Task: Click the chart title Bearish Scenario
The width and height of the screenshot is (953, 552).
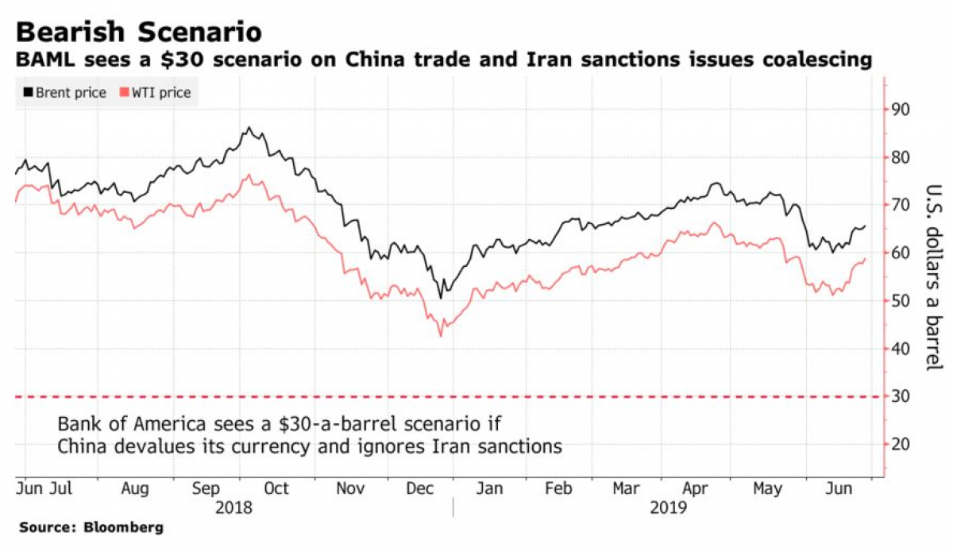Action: point(139,32)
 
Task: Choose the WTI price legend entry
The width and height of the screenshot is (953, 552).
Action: point(156,93)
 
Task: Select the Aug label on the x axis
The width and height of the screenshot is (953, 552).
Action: point(135,488)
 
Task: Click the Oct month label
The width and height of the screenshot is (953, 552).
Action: point(276,488)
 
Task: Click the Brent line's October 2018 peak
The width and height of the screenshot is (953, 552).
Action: point(249,128)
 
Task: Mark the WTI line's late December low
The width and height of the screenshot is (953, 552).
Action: point(440,336)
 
